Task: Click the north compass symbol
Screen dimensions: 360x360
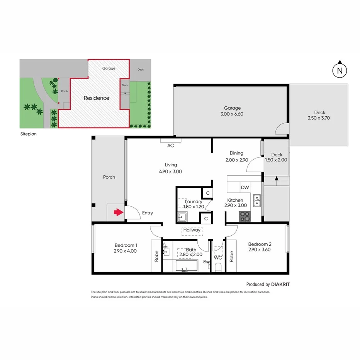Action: (340, 70)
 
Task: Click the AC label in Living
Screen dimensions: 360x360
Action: (170, 146)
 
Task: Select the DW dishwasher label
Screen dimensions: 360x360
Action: (245, 187)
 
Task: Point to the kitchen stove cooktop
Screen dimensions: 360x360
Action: (244, 216)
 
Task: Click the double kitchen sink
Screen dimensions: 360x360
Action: (257, 200)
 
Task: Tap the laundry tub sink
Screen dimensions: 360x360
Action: (182, 217)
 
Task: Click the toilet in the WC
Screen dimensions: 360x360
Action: (217, 267)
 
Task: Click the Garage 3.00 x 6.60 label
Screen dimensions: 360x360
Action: (233, 111)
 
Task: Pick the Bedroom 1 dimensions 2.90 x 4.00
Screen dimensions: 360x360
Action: (126, 251)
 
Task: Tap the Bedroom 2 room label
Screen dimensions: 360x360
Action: (260, 244)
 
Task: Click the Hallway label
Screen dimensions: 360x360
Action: (192, 230)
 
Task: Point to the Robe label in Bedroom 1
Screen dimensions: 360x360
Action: (156, 256)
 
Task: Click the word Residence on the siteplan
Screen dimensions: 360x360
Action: (96, 98)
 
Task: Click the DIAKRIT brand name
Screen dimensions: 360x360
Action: (280, 284)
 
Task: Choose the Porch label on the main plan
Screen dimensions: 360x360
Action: (109, 177)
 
